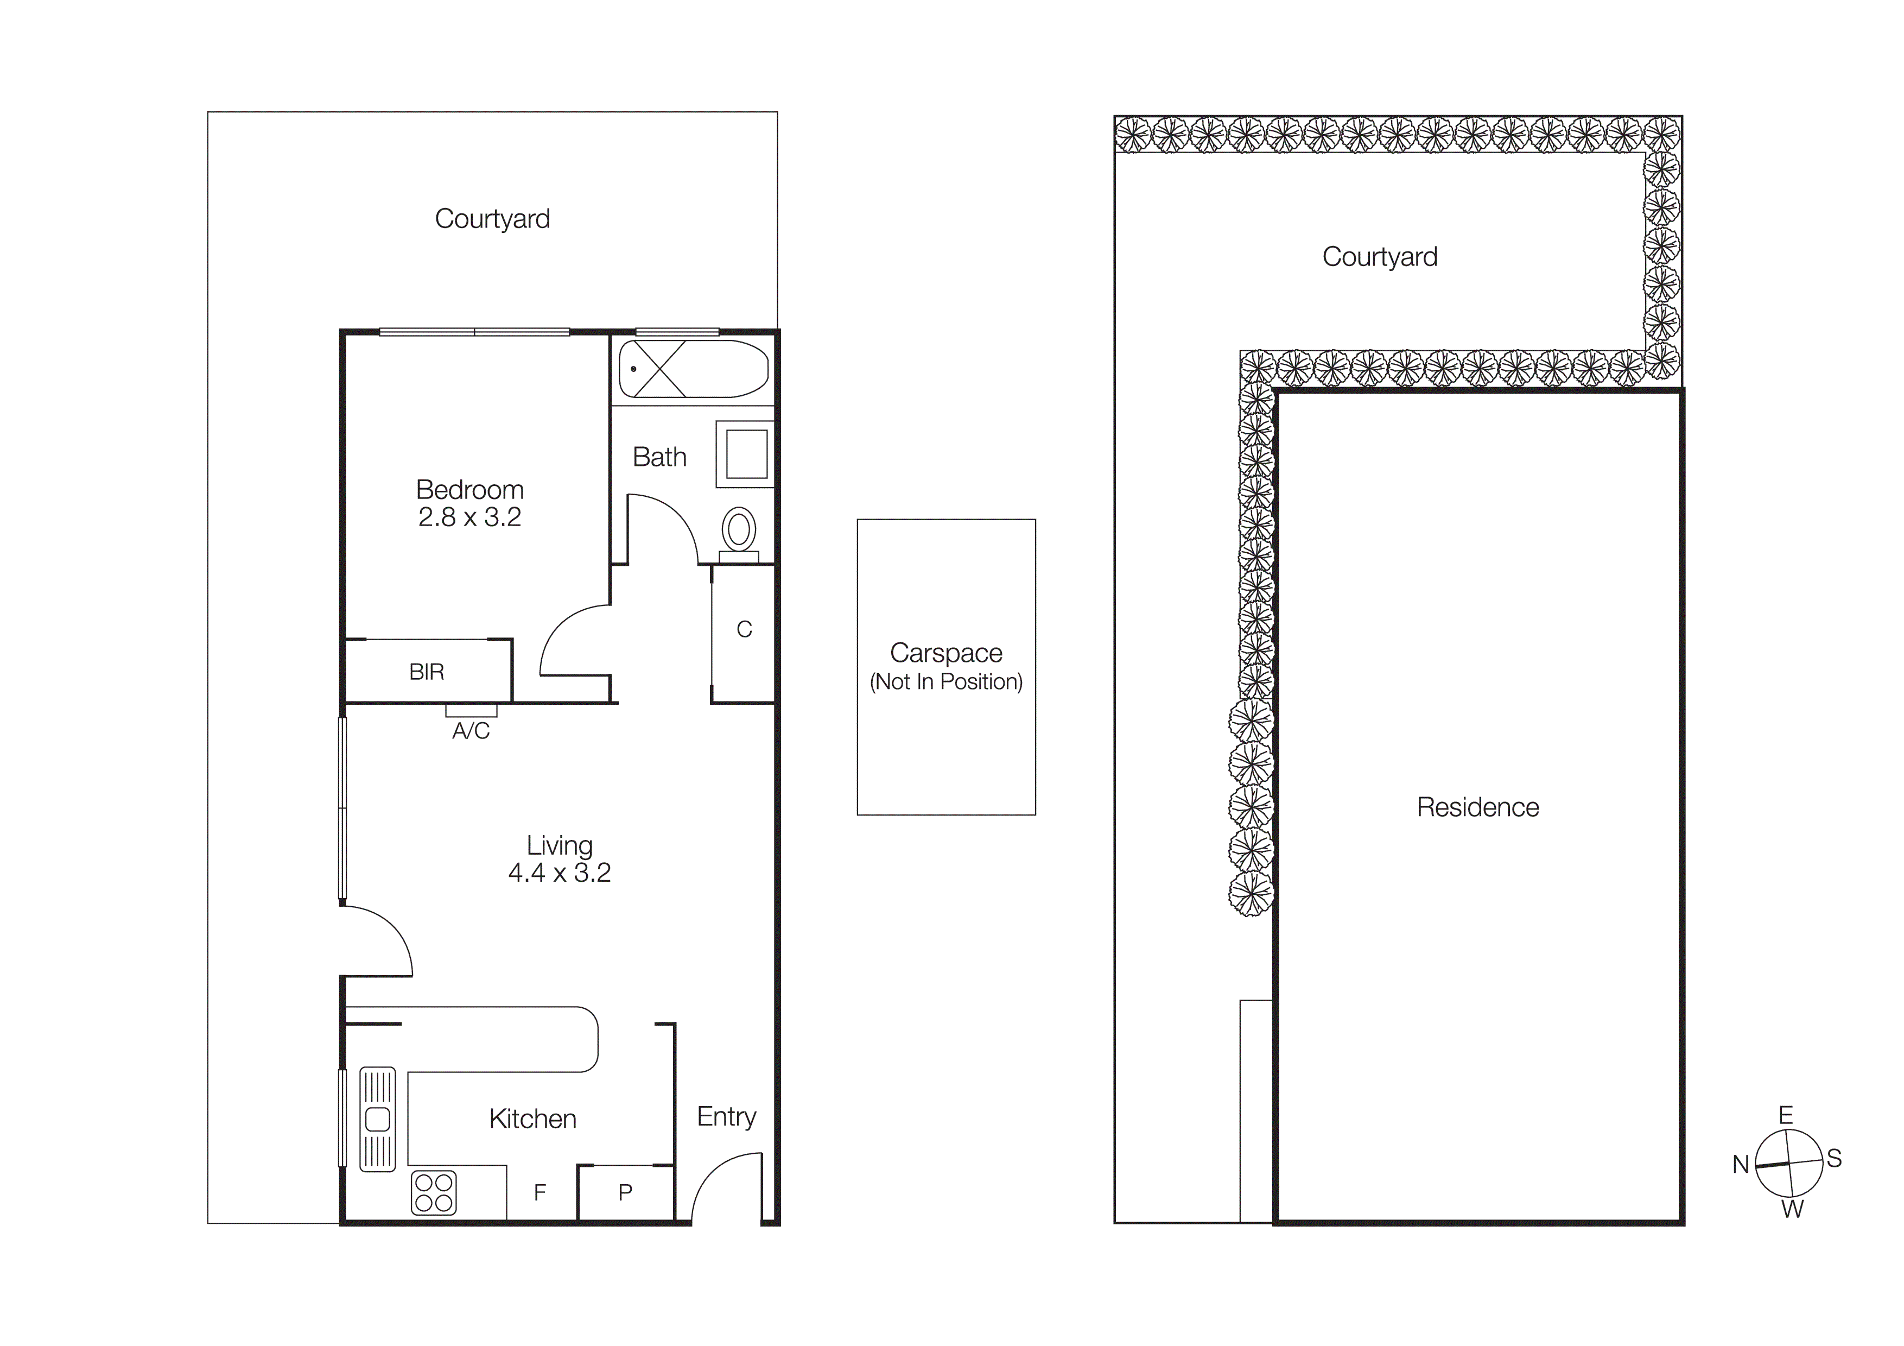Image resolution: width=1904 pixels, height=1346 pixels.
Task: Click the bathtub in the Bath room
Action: coord(693,369)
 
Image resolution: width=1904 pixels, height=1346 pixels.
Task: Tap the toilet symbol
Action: coord(738,530)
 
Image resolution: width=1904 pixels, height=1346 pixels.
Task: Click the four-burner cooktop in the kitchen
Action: coord(434,1192)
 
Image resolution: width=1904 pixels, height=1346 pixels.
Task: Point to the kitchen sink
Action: coord(377,1118)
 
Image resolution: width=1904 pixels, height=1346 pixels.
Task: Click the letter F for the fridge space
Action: coord(540,1192)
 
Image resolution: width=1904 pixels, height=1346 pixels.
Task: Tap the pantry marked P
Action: coord(625,1192)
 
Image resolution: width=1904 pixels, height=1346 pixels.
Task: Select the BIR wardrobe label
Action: coord(426,672)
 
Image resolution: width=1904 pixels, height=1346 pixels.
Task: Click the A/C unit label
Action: coord(471,731)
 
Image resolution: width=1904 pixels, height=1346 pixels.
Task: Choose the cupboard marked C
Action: coord(744,629)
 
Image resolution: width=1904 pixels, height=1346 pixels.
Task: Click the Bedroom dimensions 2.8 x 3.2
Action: coord(469,517)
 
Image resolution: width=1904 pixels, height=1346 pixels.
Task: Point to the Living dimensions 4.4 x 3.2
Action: coord(559,873)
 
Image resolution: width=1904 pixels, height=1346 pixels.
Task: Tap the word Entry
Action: coord(726,1116)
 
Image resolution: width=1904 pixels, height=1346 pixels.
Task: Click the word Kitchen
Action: coord(532,1118)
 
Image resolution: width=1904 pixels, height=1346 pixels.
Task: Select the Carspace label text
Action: coord(946,653)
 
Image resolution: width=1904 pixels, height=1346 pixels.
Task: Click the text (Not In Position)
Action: coord(946,682)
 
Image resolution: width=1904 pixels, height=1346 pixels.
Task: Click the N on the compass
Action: coord(1741,1164)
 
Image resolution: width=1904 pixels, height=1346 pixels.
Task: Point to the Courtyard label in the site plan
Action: coord(1380,257)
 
